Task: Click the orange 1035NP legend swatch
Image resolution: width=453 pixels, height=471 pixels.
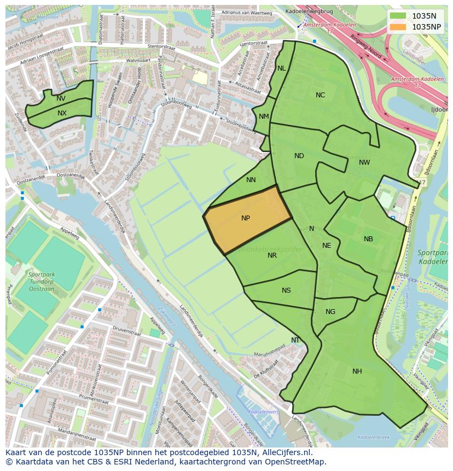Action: (398, 26)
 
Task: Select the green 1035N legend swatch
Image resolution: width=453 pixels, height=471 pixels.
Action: (398, 16)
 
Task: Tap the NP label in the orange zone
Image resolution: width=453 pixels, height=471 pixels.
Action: (246, 218)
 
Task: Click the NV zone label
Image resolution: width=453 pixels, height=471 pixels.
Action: (61, 98)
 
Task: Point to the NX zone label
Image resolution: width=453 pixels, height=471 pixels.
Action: (62, 113)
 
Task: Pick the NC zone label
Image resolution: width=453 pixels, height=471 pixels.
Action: (320, 95)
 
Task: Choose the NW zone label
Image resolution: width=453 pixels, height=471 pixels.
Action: (364, 162)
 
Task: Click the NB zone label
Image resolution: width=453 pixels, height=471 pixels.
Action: (368, 239)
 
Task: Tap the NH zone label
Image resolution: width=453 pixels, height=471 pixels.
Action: (357, 371)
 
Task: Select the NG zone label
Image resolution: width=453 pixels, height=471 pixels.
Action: (330, 312)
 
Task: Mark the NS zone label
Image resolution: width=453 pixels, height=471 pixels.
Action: (286, 290)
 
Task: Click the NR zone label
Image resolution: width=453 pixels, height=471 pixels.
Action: (272, 255)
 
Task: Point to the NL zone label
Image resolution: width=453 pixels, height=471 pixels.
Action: (281, 68)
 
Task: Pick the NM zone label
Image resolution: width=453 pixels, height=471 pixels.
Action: (264, 117)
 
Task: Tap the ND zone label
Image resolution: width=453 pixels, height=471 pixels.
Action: (299, 156)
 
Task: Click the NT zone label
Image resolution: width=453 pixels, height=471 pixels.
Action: (295, 340)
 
